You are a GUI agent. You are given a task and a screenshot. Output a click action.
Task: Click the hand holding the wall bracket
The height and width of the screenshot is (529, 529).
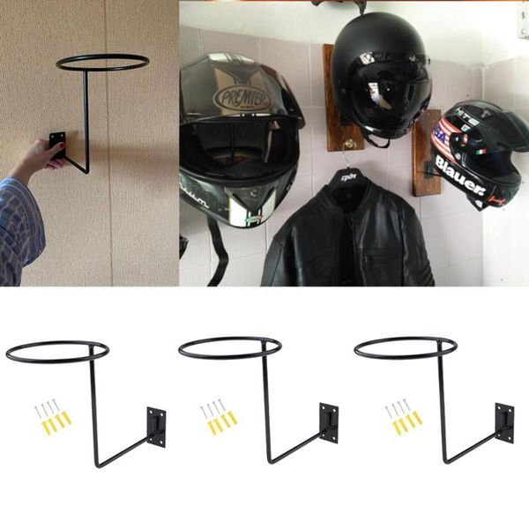click(x=39, y=159)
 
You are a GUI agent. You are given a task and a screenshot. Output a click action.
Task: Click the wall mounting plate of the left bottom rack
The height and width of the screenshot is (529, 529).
click(x=157, y=424)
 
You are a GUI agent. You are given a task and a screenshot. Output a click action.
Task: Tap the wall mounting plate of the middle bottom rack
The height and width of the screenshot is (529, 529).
click(x=328, y=421)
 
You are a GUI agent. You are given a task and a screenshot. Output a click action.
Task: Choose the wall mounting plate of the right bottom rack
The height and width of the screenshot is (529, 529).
click(x=504, y=421)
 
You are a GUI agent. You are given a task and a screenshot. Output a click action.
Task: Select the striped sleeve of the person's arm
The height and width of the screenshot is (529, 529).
click(x=19, y=225)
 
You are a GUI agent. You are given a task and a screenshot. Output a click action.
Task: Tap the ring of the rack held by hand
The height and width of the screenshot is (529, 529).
click(x=102, y=62)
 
